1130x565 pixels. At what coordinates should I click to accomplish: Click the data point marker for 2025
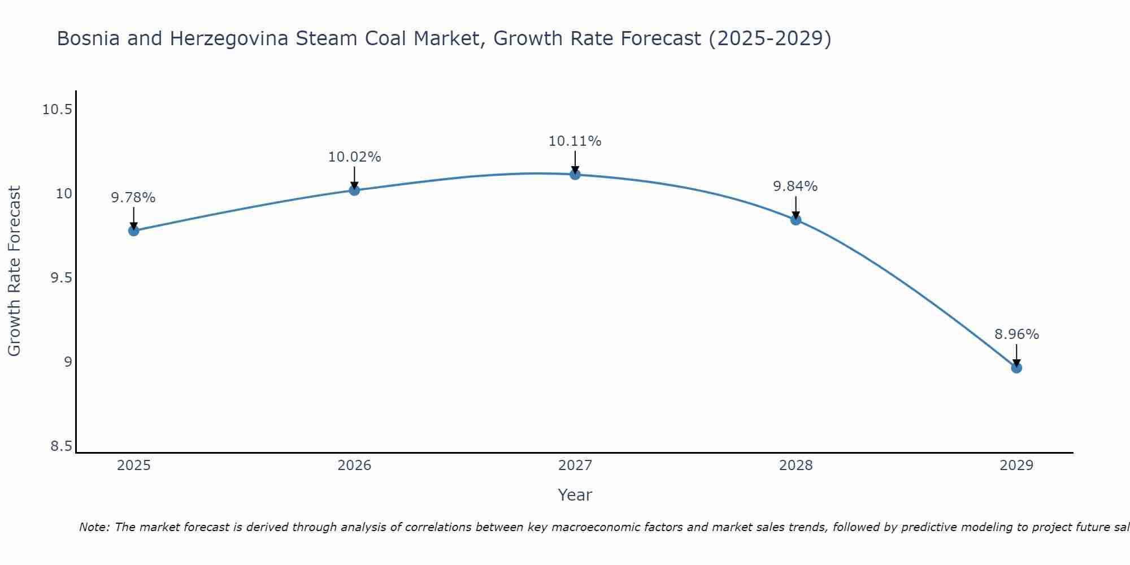point(134,231)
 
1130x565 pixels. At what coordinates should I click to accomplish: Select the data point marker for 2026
point(354,190)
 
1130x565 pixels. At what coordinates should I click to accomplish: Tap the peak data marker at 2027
point(575,175)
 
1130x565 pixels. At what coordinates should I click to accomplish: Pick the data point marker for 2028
point(796,220)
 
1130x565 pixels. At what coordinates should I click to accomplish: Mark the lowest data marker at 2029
point(1016,368)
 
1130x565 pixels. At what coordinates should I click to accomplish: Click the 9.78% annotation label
point(133,198)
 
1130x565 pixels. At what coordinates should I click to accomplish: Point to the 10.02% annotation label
point(354,157)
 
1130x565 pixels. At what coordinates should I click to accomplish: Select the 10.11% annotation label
point(575,141)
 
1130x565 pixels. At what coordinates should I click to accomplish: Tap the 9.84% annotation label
point(795,186)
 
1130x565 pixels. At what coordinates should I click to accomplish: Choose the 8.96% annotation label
point(1016,334)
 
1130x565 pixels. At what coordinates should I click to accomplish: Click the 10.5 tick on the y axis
point(57,110)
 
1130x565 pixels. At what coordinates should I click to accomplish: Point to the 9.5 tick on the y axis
point(61,278)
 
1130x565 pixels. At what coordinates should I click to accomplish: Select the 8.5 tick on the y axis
point(61,446)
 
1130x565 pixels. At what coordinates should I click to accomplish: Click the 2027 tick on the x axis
point(575,466)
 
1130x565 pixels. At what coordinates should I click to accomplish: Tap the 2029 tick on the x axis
point(1016,466)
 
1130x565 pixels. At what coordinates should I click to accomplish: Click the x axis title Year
point(575,495)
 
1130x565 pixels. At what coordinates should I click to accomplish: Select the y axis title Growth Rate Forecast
point(14,271)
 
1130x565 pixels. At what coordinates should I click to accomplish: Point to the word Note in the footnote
point(94,527)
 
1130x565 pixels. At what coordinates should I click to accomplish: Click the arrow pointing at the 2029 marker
point(1016,355)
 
